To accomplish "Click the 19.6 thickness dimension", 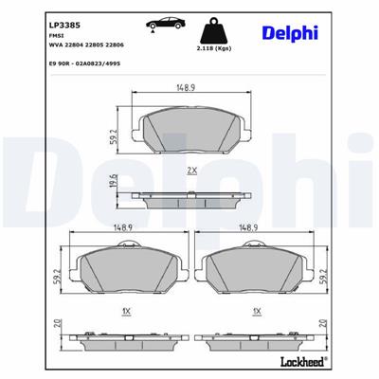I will coord(113,182).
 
